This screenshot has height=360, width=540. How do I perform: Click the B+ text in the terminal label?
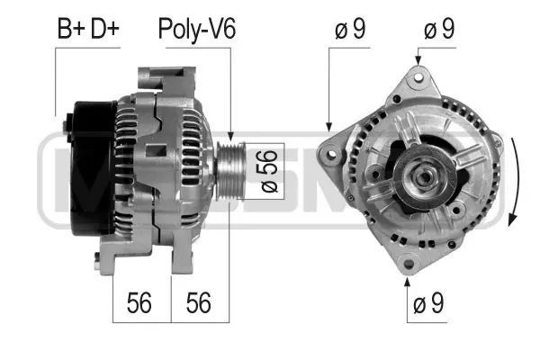tap(70, 30)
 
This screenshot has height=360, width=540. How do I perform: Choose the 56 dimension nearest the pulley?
tap(199, 303)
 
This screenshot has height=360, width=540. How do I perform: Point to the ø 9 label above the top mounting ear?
tap(438, 30)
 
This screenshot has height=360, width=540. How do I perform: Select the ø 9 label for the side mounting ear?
tap(349, 30)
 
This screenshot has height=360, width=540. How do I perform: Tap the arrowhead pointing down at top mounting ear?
tap(417, 60)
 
